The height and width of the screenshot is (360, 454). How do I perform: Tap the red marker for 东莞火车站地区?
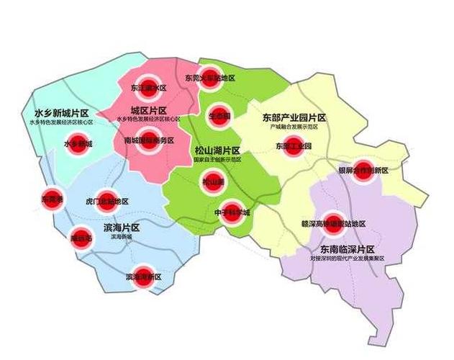click(x=209, y=77)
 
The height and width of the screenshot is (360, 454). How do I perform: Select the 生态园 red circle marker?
click(x=219, y=114)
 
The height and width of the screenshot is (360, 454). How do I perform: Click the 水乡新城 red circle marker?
click(x=78, y=143)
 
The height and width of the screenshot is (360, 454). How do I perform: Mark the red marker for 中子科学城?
click(x=231, y=212)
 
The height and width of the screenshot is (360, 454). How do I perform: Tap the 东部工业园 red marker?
click(x=293, y=145)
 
